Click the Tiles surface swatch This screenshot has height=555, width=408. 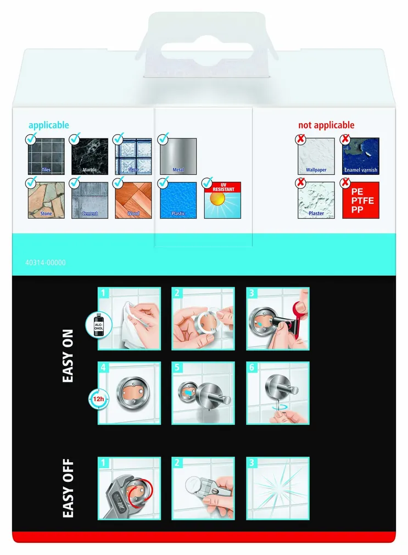tap(46, 156)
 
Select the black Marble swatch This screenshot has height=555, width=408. tap(90, 156)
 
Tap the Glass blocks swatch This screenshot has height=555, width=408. tap(133, 156)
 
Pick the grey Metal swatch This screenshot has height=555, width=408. tap(178, 156)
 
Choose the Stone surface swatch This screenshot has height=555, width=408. tap(46, 200)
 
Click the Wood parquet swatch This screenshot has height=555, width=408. tap(133, 200)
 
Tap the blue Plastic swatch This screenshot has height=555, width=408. tap(178, 200)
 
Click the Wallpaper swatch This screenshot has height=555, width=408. tap(316, 156)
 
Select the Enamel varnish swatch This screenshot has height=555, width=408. tap(361, 156)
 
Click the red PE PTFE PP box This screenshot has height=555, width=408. tap(361, 200)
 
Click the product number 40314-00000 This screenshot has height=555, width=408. tap(46, 263)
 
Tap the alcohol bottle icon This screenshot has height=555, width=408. tap(99, 325)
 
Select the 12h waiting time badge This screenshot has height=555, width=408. tap(98, 399)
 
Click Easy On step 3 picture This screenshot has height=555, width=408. tap(278, 319)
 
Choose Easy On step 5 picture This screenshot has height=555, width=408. tap(203, 393)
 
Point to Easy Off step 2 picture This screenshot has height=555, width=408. tap(203, 489)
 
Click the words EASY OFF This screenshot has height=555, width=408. tap(68, 489)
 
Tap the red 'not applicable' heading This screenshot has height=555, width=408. tap(326, 125)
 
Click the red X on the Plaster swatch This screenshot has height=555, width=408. tap(301, 183)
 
